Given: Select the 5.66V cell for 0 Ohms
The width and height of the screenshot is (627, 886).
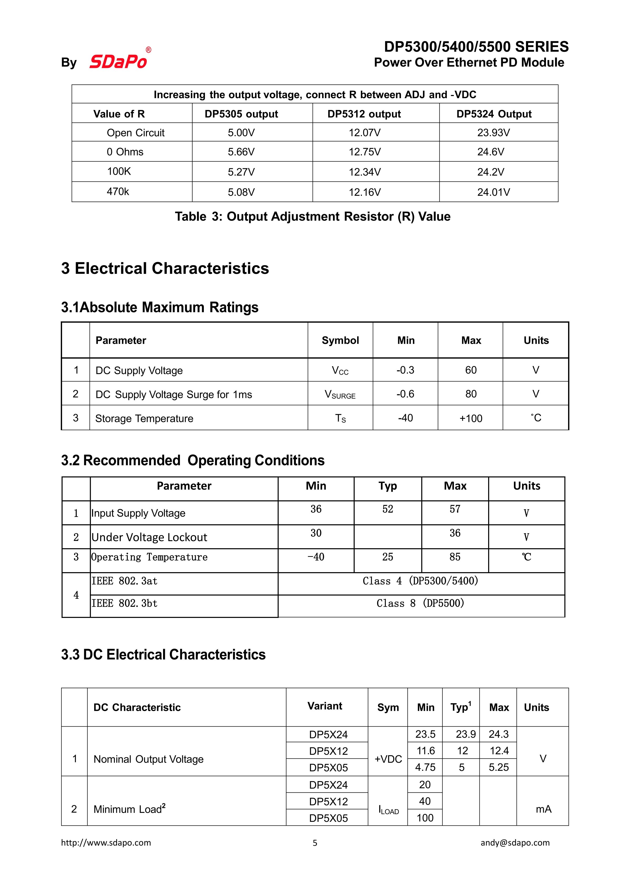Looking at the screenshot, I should click(x=241, y=152).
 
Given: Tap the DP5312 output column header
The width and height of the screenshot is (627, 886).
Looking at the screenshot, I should click(x=364, y=114).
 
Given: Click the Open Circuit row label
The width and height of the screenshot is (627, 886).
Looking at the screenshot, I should click(x=135, y=133).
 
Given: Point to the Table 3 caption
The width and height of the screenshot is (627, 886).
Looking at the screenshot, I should click(x=312, y=217).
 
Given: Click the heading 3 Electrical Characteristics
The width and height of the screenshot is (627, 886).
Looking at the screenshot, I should click(x=165, y=269).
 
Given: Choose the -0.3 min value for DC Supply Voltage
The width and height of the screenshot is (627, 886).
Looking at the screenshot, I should click(x=405, y=370).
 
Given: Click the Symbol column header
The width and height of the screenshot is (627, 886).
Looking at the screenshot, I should click(x=340, y=340).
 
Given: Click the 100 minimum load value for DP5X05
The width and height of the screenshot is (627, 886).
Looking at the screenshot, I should click(x=425, y=818).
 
